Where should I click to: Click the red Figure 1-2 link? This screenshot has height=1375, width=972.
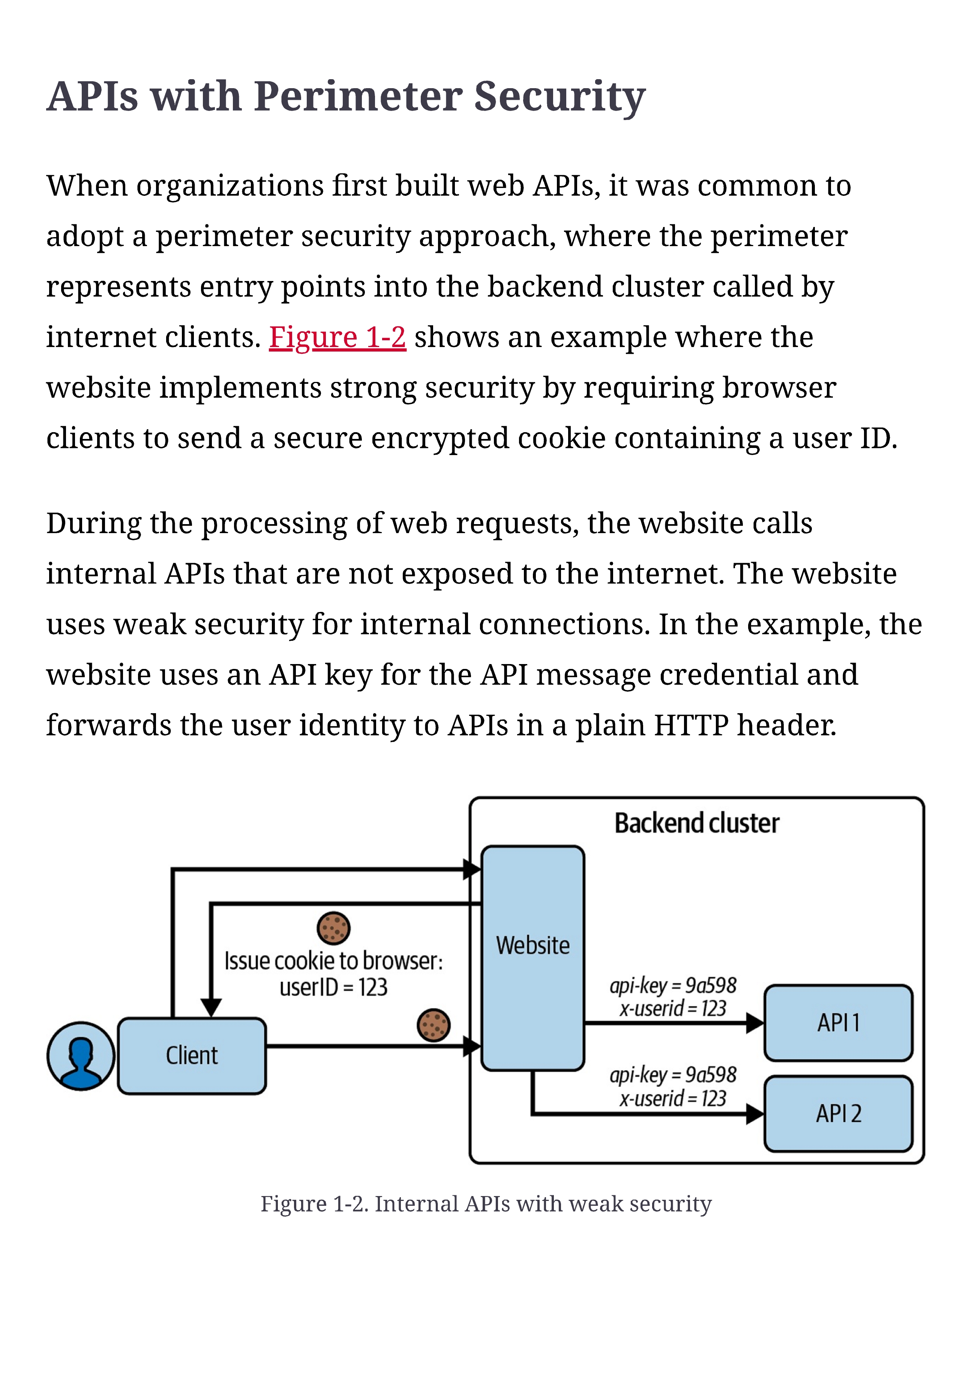tap(337, 338)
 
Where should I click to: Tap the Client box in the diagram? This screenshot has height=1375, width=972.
tap(192, 1056)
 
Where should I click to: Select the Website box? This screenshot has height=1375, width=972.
tap(532, 958)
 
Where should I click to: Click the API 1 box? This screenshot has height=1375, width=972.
tap(838, 1023)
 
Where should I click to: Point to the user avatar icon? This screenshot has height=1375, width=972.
tap(81, 1056)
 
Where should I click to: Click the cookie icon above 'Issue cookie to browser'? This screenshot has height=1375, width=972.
tap(333, 928)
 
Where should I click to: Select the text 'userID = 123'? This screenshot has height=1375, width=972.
tap(333, 987)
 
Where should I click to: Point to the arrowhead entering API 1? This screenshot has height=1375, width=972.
tap(755, 1023)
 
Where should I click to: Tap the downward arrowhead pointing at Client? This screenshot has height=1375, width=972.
tap(211, 1008)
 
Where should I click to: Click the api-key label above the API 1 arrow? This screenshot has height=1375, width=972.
tap(673, 986)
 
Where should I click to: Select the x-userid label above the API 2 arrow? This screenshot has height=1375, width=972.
tap(673, 1099)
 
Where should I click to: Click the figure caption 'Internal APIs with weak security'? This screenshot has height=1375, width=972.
tap(543, 1204)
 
